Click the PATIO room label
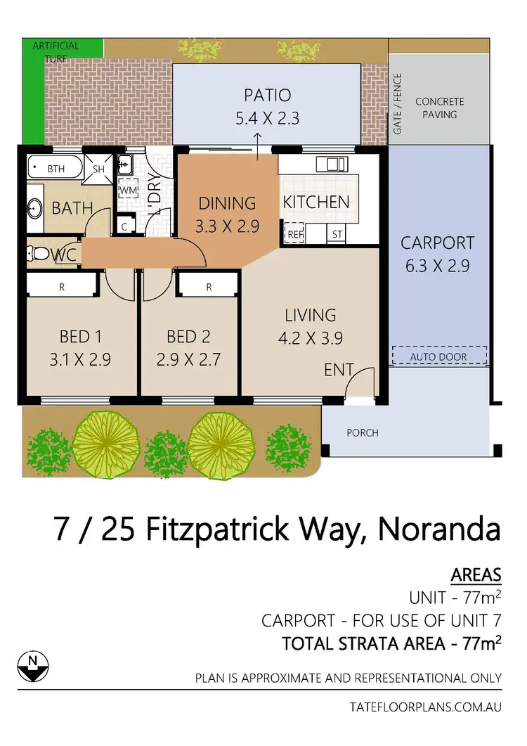click(x=267, y=96)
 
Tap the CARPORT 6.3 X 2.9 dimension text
click(x=437, y=266)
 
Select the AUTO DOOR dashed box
click(x=439, y=355)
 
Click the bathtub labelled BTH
click(x=55, y=169)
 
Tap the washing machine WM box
click(x=128, y=191)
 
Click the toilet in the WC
click(x=42, y=253)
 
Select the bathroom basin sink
click(x=35, y=208)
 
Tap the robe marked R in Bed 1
click(x=62, y=287)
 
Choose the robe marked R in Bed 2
click(x=209, y=287)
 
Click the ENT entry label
click(x=338, y=369)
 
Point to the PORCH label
click(x=362, y=432)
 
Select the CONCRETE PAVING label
click(x=440, y=108)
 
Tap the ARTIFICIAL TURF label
click(x=56, y=51)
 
